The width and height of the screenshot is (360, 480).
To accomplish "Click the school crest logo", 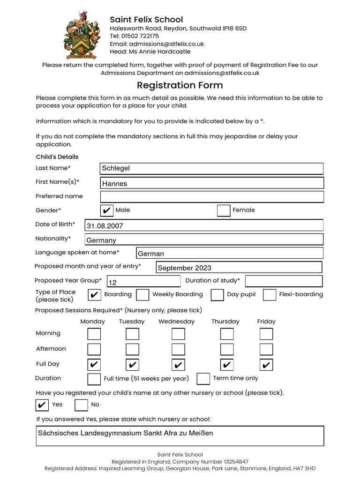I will pos(82,34).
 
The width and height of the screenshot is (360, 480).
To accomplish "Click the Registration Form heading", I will pos(180,85).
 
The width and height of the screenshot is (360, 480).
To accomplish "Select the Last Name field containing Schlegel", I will pos(212,168).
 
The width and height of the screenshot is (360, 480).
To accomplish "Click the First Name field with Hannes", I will pos(212,183).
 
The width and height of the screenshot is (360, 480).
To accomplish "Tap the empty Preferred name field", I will pos(212,197).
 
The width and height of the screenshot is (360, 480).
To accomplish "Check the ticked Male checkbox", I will pos(107,210).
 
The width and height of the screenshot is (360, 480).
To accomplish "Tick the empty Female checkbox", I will pos(224,210).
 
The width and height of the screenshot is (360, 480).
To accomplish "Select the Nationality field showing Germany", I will pos(204,240).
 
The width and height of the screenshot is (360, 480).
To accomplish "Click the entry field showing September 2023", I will pos(239,268).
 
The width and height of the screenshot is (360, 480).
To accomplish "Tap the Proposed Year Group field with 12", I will pos(143,281).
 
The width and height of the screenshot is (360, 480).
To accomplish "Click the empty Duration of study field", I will pos(284,281).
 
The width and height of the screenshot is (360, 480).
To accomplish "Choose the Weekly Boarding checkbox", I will pos(143,295).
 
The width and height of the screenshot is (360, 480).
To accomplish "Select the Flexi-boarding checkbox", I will pos(270,295).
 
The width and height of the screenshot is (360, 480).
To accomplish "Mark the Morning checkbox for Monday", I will pos(94,334).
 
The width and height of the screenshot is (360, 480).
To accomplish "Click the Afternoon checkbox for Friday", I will pos(266,349).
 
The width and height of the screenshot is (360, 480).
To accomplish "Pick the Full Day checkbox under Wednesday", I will pos(178,365).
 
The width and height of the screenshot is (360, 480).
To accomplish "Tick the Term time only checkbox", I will pos(203,379).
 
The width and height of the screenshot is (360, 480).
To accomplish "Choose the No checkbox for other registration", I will pos(82,405).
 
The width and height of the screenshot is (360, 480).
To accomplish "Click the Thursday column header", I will pos(225,322).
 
